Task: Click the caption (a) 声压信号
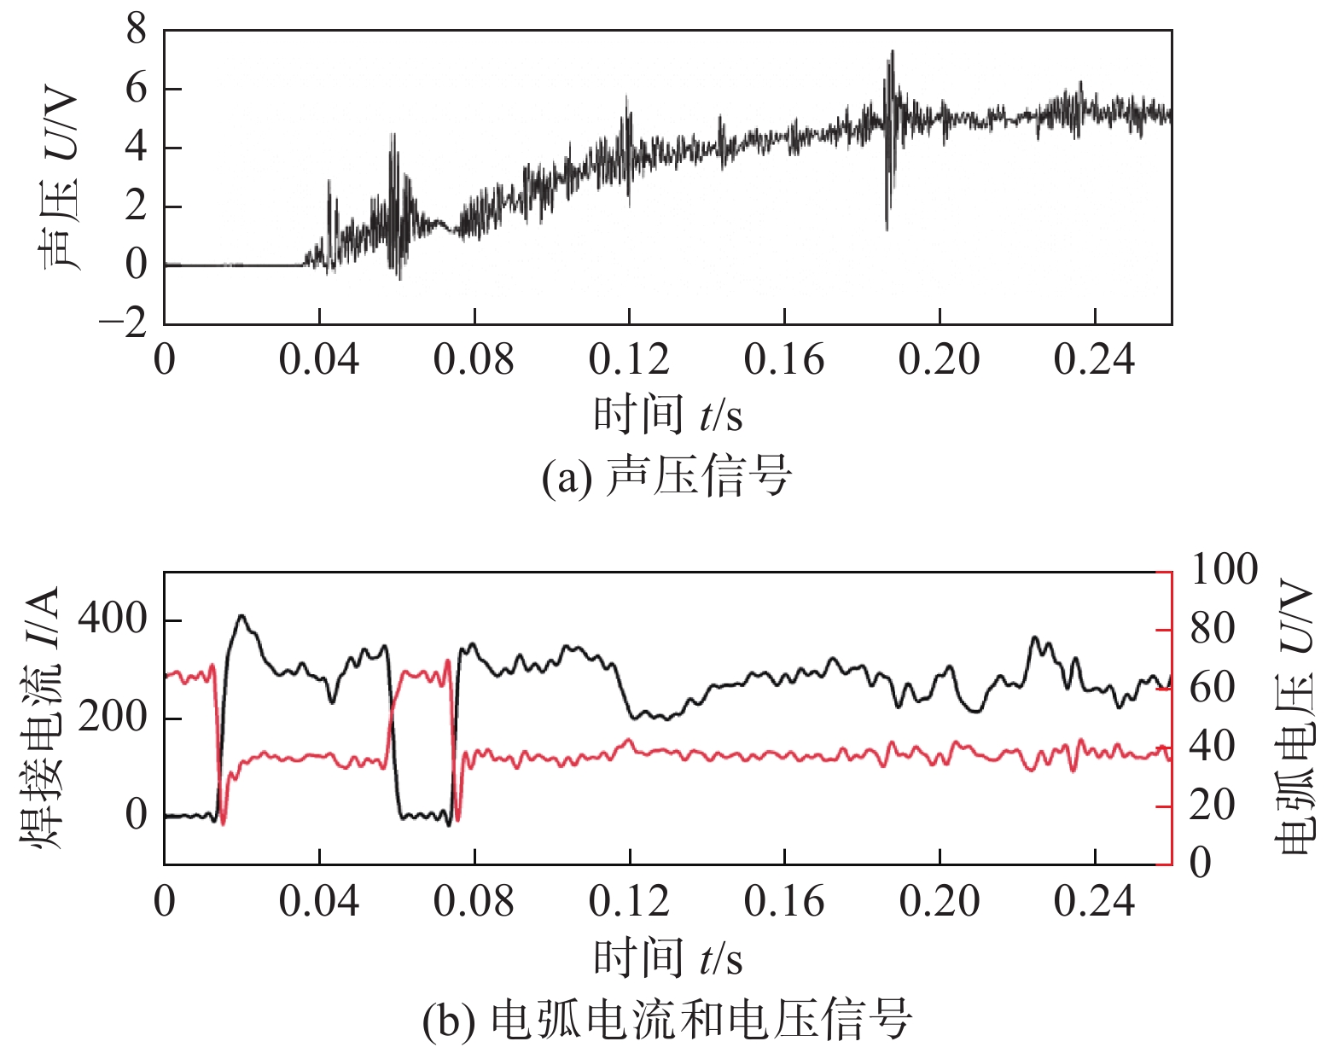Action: click(666, 476)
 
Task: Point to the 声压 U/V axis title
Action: click(58, 179)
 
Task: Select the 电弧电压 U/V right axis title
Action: click(1295, 717)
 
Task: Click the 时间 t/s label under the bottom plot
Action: click(667, 957)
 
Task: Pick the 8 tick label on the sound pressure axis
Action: click(137, 31)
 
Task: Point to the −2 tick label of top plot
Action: click(123, 324)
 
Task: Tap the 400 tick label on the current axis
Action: click(113, 620)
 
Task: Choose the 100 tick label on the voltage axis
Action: click(1224, 570)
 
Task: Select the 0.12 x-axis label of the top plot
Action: click(629, 360)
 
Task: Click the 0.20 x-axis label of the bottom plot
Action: click(939, 902)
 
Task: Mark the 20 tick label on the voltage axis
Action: click(1212, 806)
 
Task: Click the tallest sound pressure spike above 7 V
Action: click(892, 53)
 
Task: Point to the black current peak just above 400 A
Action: click(242, 616)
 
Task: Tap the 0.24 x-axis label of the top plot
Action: click(1094, 360)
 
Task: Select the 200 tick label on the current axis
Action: click(113, 717)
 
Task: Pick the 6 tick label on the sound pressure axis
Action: click(137, 89)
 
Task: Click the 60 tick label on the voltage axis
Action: click(1212, 688)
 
